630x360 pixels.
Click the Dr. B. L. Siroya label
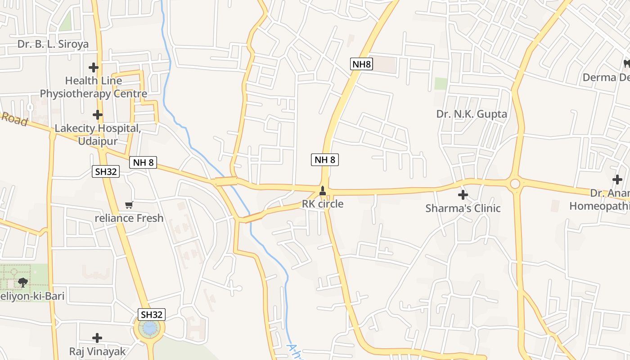click(53, 44)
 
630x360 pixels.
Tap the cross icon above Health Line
click(94, 67)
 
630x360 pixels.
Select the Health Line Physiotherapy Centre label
click(94, 87)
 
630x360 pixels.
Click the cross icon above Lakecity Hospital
click(98, 114)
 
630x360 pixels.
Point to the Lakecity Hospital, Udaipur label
click(98, 135)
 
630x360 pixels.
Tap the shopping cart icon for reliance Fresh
click(129, 205)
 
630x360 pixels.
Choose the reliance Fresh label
click(129, 218)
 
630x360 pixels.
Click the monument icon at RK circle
click(322, 192)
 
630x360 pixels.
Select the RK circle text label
click(322, 204)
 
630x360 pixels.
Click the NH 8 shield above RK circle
click(324, 159)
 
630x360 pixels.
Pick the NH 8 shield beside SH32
click(143, 162)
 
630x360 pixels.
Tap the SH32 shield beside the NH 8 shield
click(106, 171)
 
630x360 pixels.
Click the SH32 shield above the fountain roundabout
click(152, 315)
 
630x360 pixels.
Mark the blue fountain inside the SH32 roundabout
click(149, 329)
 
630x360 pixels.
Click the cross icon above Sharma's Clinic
click(463, 195)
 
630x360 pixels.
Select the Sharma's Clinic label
click(463, 208)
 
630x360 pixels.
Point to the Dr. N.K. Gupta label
click(472, 114)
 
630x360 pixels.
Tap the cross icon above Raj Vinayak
click(97, 337)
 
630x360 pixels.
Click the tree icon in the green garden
click(22, 283)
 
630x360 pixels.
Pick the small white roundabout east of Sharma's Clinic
click(515, 184)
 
